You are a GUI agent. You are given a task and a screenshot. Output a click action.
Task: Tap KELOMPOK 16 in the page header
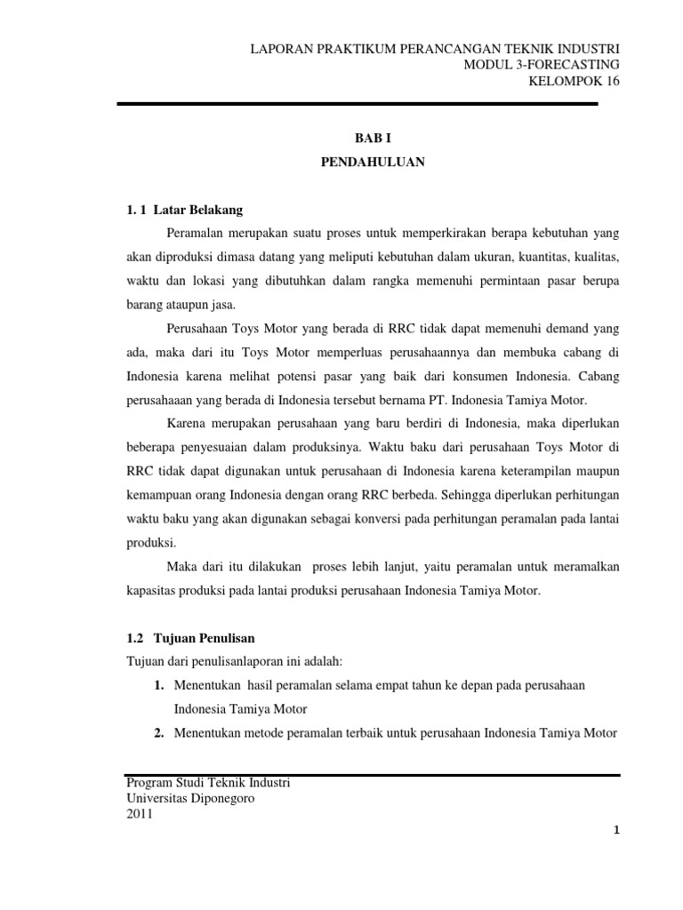(x=574, y=82)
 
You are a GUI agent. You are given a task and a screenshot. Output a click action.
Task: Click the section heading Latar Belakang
(x=198, y=210)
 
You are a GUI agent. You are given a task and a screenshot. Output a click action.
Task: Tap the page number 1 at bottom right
(x=615, y=830)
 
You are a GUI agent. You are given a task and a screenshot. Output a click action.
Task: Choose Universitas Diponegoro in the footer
(x=191, y=799)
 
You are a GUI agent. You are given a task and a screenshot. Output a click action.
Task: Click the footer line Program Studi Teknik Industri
(x=209, y=783)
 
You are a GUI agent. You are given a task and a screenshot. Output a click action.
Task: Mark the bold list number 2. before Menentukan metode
(x=159, y=733)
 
